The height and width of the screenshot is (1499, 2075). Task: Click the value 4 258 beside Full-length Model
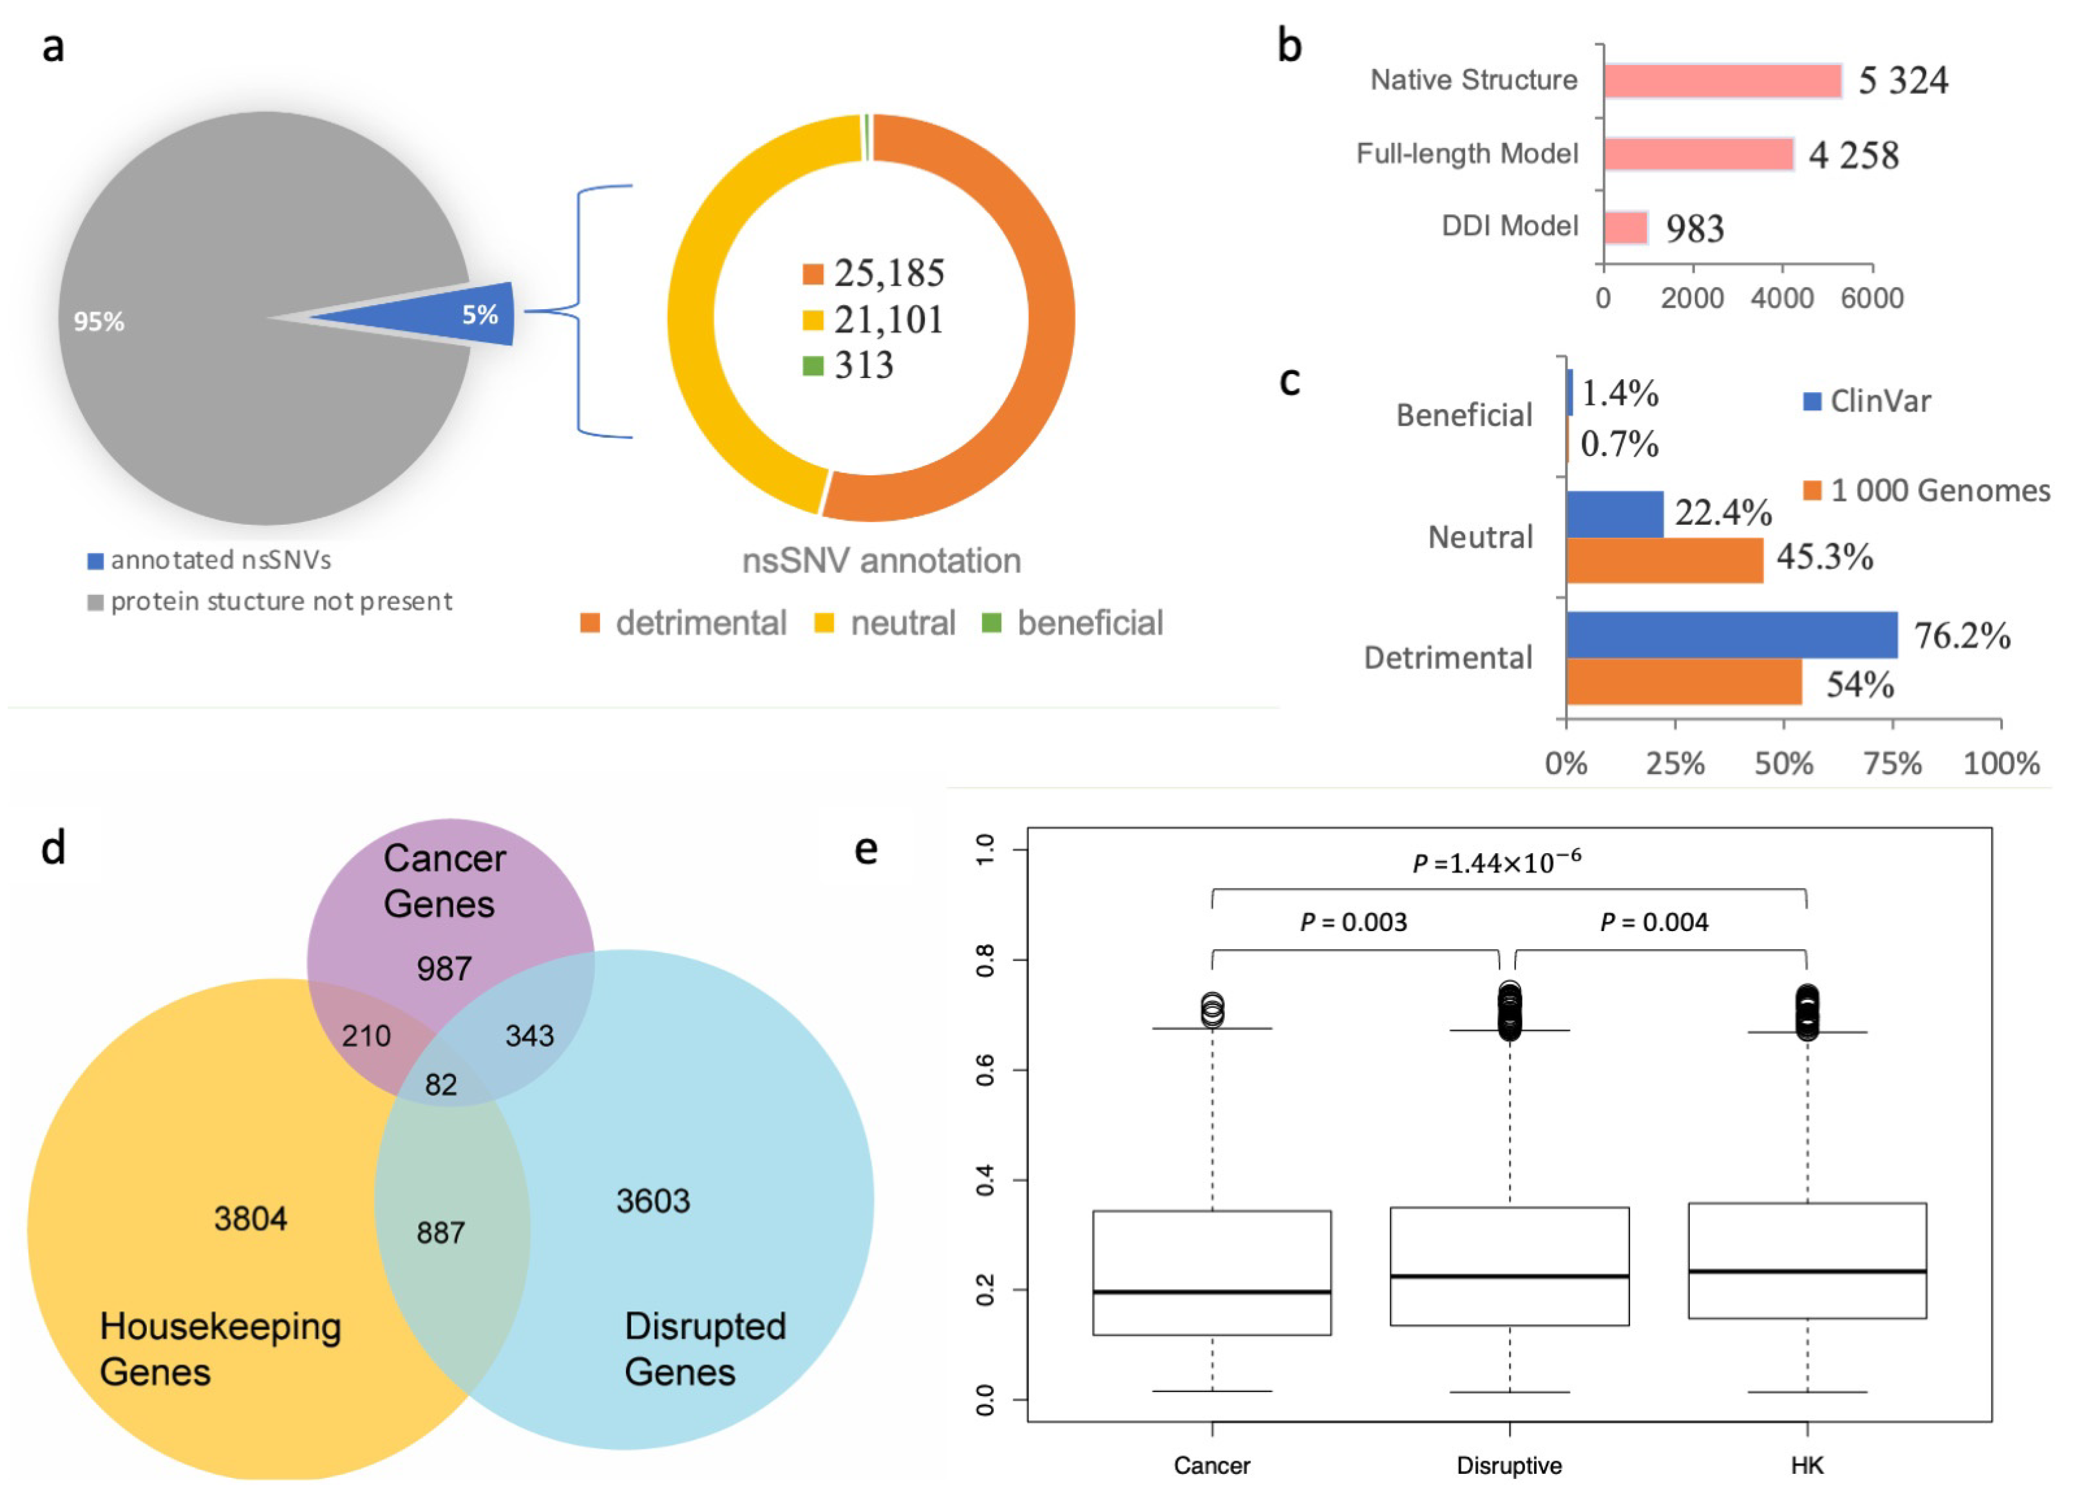tap(1853, 155)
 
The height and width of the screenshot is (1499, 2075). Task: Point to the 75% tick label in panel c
tap(1892, 763)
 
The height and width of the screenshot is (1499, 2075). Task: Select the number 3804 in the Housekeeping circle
tap(250, 1218)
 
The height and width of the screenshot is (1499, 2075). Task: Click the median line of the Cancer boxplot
tap(1211, 1292)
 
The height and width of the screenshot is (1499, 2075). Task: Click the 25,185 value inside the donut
tap(887, 272)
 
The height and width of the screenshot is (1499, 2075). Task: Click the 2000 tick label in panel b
tap(1692, 298)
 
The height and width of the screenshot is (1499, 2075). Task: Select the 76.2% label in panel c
tap(1962, 635)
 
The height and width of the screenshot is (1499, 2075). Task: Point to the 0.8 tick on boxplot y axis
tap(985, 960)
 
